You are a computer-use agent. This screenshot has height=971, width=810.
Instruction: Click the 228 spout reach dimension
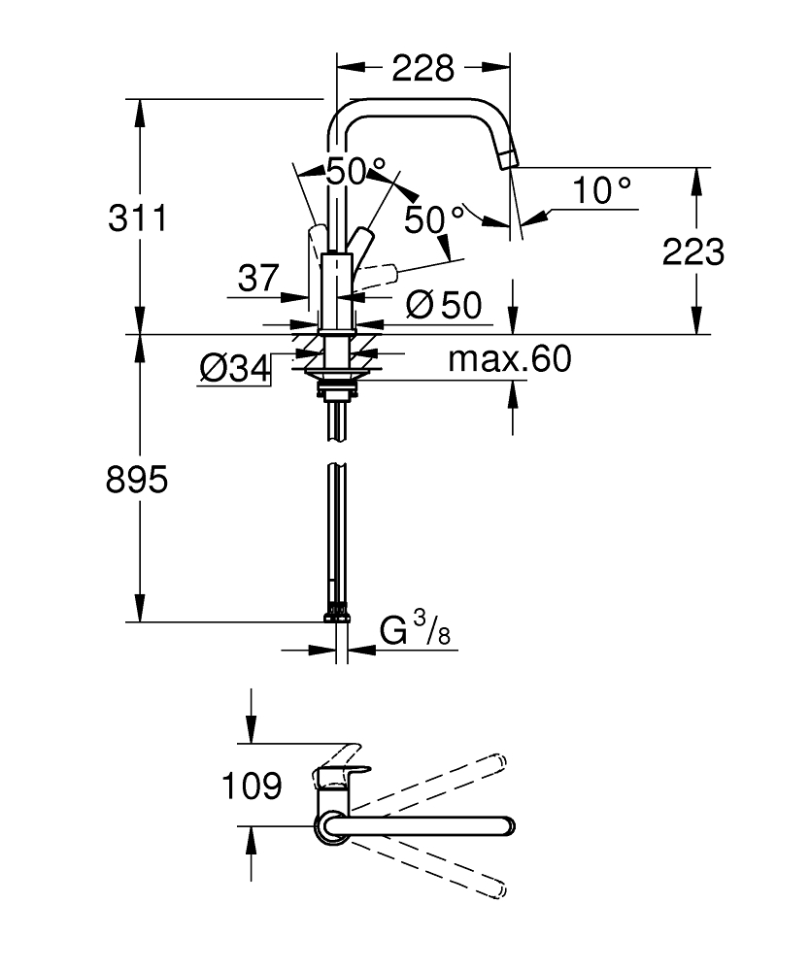[422, 68]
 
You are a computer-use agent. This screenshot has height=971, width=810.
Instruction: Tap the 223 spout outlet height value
[693, 251]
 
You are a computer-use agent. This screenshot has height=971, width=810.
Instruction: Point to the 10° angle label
[601, 190]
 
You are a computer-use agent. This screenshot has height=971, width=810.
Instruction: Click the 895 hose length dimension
[137, 479]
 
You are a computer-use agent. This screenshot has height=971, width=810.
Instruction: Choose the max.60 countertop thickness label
[510, 360]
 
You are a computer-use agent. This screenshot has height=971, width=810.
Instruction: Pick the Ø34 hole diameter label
[234, 368]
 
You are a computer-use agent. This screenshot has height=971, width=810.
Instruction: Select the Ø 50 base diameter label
[444, 306]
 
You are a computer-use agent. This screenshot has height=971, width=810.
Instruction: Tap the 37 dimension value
[258, 278]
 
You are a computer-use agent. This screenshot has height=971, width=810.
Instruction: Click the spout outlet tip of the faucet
[510, 159]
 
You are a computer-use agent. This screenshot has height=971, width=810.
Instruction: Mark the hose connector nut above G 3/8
[337, 613]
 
